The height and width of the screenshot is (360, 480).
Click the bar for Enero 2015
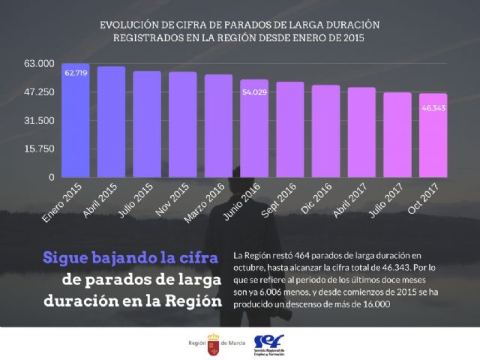tap(75, 120)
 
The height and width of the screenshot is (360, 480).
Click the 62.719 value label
tap(76, 73)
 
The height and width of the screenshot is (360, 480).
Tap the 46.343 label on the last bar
tap(433, 109)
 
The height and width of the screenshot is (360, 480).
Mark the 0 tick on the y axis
tap(52, 178)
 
